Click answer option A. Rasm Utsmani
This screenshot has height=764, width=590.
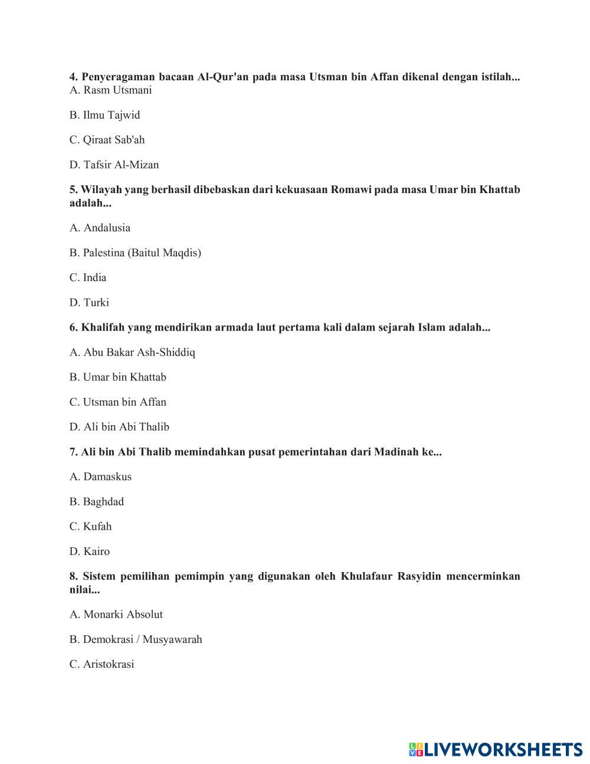point(110,90)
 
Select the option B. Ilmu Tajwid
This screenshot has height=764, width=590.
point(104,115)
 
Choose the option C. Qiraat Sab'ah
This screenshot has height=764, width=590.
point(107,140)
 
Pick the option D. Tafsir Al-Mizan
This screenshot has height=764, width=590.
point(114,165)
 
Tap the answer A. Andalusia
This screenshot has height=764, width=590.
point(100,228)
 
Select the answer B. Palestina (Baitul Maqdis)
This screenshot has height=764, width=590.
point(135,253)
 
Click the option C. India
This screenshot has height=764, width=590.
point(88,277)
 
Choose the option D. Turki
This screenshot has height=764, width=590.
point(89,302)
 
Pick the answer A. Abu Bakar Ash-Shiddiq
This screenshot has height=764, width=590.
point(132,352)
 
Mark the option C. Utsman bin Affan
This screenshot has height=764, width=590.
point(118,402)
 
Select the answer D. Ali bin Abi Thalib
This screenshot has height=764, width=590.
point(119,427)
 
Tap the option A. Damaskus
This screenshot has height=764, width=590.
point(100,476)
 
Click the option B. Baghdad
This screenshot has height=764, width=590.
point(97,502)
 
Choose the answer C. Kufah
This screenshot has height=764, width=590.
point(90,527)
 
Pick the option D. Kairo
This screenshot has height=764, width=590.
point(90,551)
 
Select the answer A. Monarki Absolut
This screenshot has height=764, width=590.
point(116,615)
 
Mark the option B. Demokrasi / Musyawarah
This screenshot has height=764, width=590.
point(136,639)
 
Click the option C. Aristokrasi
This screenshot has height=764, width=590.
point(101,664)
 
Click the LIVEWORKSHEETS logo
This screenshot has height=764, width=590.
point(495,749)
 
